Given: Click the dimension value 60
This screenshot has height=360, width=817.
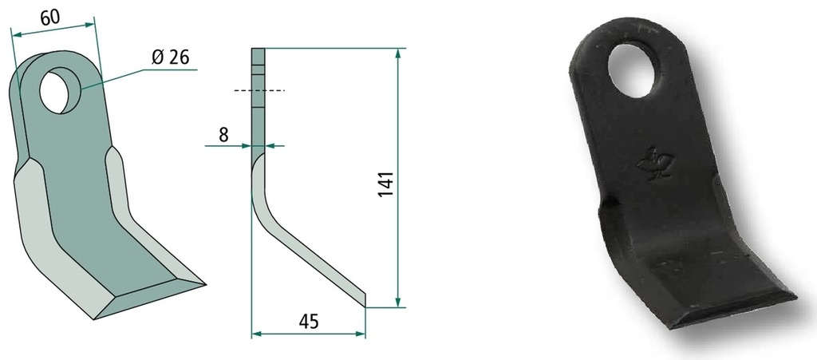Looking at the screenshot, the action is pos(50,18).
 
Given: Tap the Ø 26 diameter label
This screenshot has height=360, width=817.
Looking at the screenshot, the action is pos(171,57).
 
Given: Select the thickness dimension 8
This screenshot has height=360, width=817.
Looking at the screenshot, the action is pos(223,135).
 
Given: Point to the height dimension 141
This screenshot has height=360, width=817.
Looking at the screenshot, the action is pos(385,183).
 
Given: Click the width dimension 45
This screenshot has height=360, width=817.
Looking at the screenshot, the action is pos(309,322).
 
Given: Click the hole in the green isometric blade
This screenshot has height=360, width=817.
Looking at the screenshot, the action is pos(60,91).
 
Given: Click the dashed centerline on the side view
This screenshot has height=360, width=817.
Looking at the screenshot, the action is pos(259,91).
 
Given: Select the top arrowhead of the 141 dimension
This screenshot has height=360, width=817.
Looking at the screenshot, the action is pos(398,53).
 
